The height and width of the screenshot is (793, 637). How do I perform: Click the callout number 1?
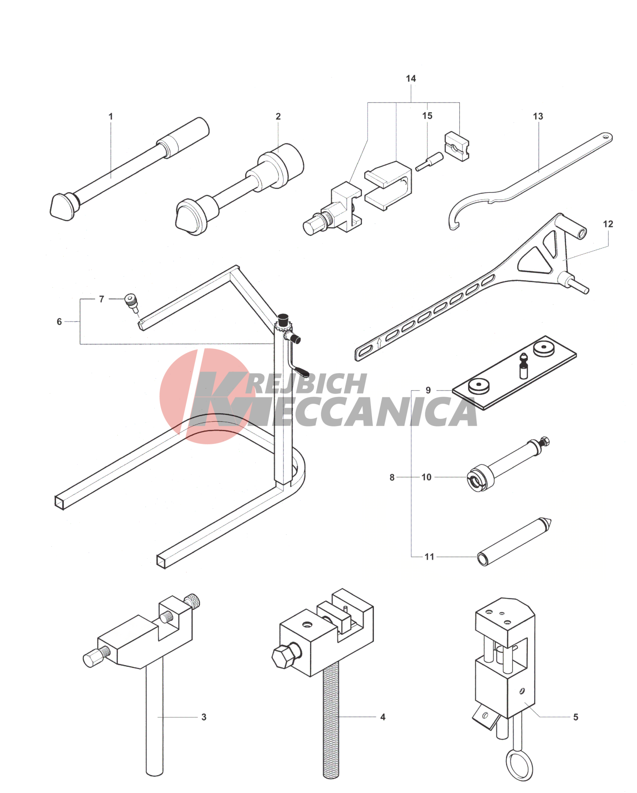tap(111, 117)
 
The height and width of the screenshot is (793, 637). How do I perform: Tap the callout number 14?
tap(411, 78)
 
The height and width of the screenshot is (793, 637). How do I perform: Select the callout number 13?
tap(538, 117)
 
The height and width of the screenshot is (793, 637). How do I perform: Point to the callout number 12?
tap(608, 224)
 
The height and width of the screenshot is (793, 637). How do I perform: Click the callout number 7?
tap(102, 299)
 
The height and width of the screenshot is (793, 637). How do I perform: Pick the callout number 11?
tap(430, 557)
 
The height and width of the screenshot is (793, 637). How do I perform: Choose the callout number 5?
tap(576, 717)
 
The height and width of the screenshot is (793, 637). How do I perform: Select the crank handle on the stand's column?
tap(297, 357)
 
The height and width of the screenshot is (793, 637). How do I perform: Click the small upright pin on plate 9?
tap(524, 365)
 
